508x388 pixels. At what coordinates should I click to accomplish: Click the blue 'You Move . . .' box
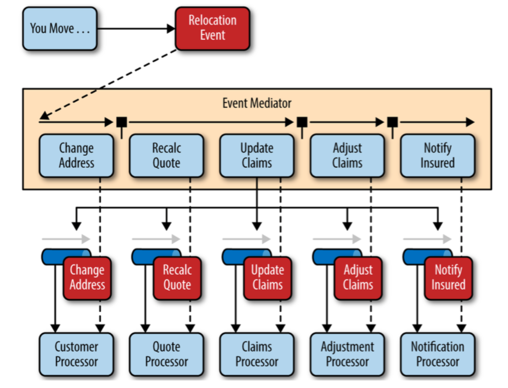tap(60, 29)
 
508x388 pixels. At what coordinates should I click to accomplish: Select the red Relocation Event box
tap(212, 28)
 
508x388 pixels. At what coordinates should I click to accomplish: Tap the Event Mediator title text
tap(257, 103)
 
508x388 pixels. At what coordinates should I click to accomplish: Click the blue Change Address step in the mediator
tap(76, 155)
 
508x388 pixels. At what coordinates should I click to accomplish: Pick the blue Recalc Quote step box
tap(166, 155)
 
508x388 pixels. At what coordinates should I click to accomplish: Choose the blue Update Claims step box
tap(257, 155)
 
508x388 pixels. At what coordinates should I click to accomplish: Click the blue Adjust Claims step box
tap(347, 155)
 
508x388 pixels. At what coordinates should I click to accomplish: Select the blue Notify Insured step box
tap(437, 155)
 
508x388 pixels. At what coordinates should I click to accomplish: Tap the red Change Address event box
tap(87, 278)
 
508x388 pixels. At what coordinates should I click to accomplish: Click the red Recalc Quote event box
tap(177, 278)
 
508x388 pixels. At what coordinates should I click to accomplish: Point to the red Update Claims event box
tap(267, 278)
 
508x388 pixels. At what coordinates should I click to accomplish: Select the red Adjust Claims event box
tap(358, 278)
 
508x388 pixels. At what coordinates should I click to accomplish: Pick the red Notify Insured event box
tap(448, 278)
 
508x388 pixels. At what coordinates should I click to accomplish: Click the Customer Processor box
tap(76, 354)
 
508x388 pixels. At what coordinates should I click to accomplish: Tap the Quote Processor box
tap(166, 354)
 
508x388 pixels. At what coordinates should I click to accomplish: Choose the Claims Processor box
tap(257, 354)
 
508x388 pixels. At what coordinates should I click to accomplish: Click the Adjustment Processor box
tap(347, 354)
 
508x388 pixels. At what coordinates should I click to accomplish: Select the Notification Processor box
tap(437, 354)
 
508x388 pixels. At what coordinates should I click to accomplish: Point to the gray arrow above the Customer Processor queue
tap(66, 239)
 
